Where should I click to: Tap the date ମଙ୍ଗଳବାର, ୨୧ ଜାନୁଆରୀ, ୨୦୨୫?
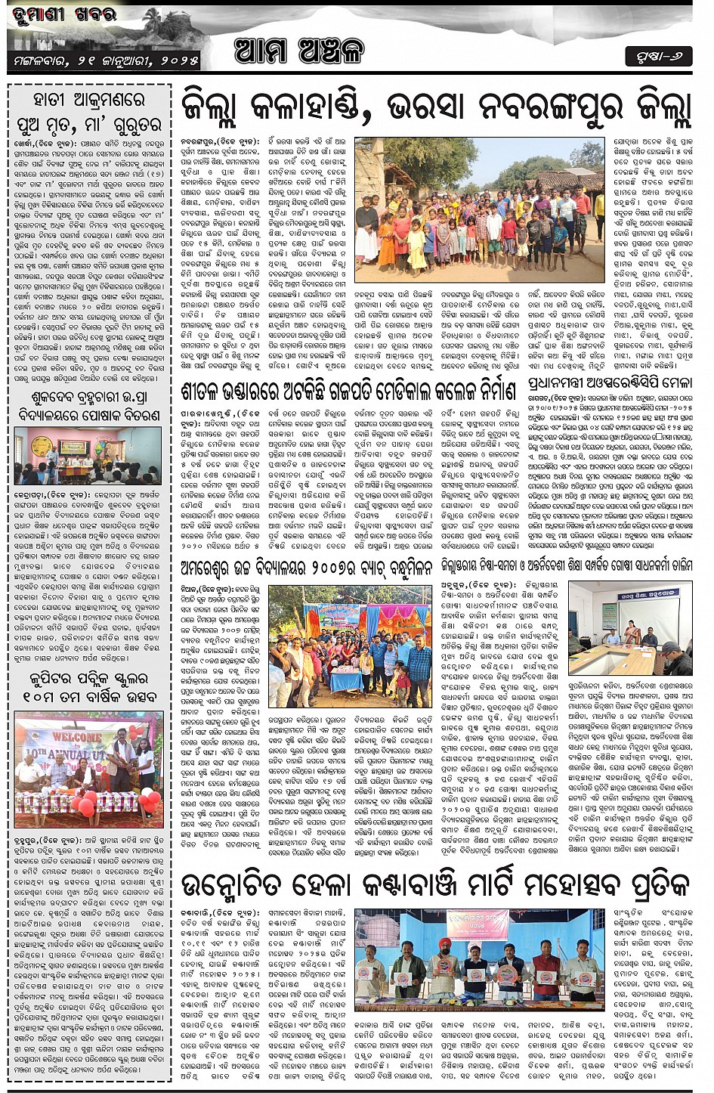coord(107,60)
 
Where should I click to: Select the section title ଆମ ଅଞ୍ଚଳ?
coord(299,51)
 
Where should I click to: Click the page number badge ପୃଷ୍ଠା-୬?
coord(658,56)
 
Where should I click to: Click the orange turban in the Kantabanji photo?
coord(444,943)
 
